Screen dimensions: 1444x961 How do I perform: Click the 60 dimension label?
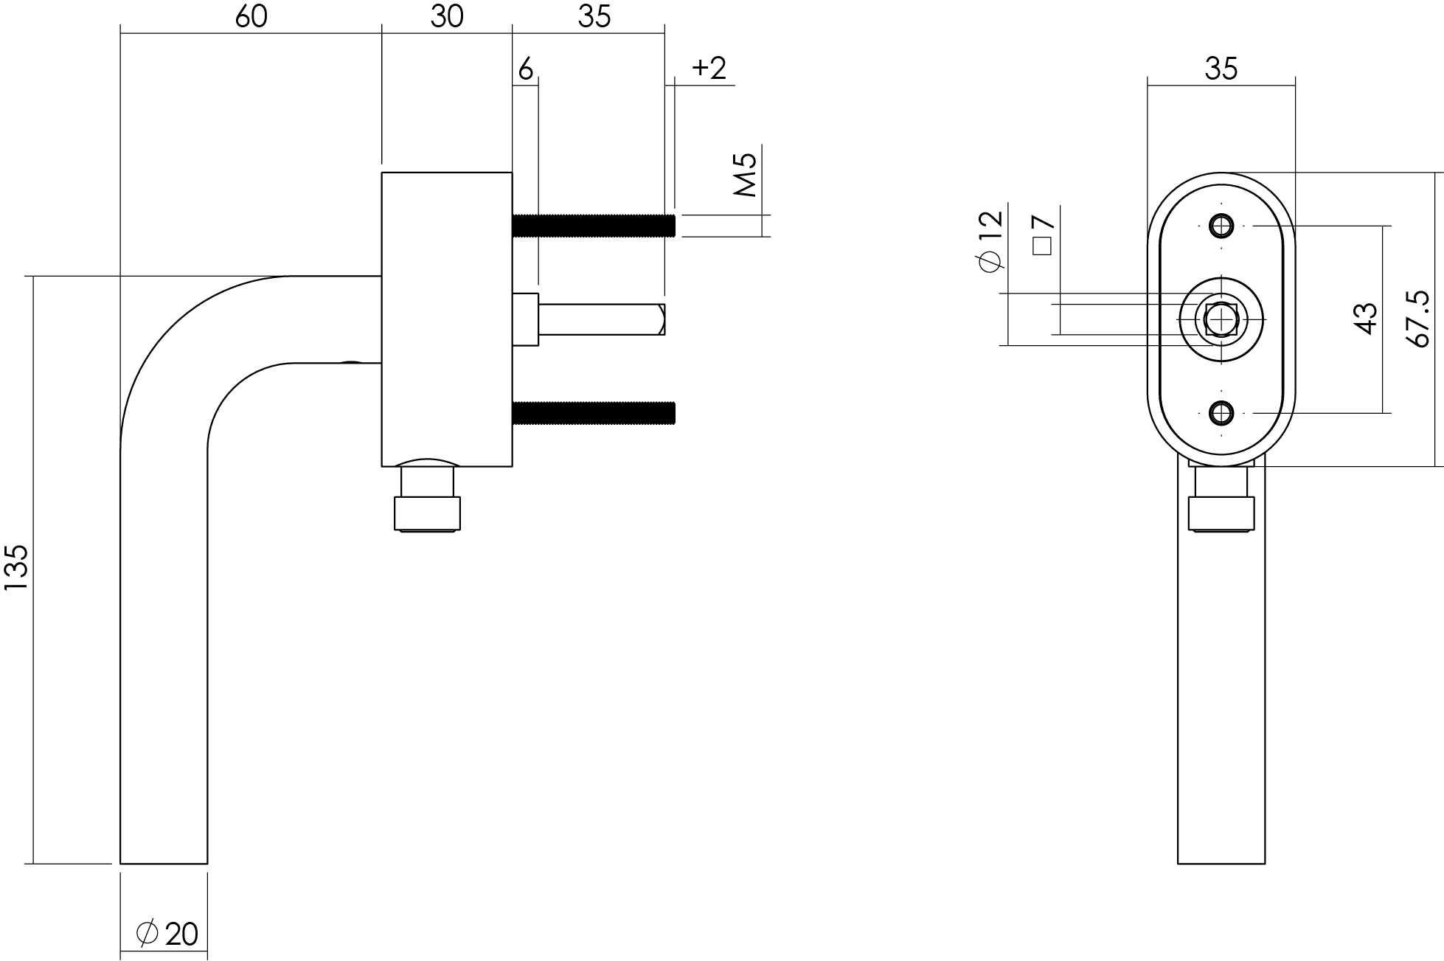coord(251,16)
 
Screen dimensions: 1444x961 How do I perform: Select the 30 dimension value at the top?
coord(447,16)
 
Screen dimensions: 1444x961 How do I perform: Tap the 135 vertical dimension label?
coord(15,567)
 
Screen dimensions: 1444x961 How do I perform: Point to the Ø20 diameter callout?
coord(167,934)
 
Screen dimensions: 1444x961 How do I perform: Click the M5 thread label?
coord(746,175)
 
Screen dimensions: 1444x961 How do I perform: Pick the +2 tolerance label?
coord(709,69)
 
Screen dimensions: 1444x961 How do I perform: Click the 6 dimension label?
coord(525,69)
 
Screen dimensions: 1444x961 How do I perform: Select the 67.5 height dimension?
coord(1418,319)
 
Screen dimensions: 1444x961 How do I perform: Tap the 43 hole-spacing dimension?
coord(1366,319)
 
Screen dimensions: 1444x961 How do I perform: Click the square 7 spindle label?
coord(1043,235)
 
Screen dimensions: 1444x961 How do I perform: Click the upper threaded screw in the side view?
coord(594,226)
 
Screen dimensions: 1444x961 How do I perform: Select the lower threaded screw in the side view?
coord(594,414)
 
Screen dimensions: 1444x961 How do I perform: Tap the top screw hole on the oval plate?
coord(1221,226)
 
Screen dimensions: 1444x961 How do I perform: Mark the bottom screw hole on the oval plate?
coord(1221,413)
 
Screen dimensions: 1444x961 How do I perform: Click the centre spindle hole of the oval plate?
coord(1221,319)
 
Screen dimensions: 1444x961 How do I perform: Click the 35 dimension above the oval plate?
coord(1221,69)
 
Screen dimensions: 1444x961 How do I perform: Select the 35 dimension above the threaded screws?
coord(594,16)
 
